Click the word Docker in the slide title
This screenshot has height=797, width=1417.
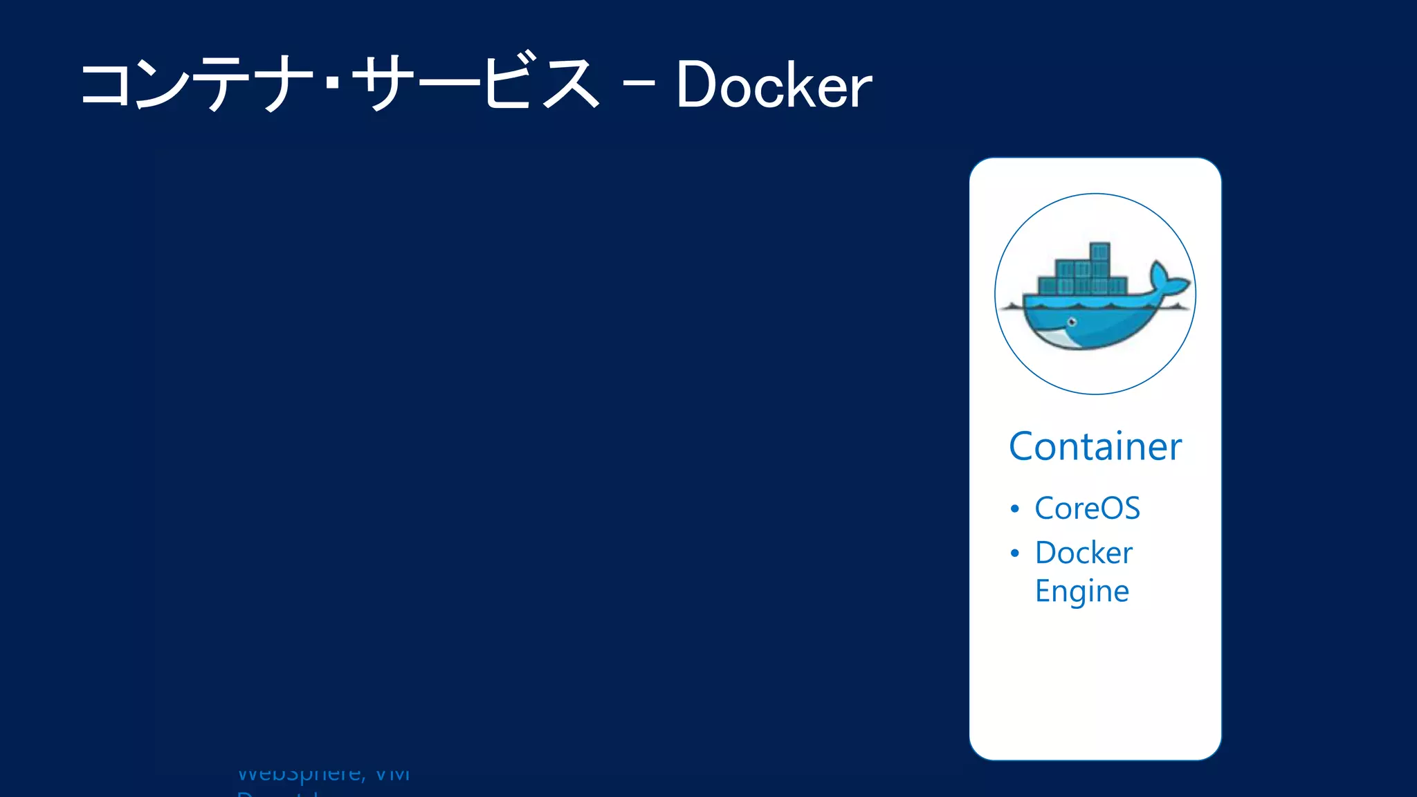pyautogui.click(x=774, y=86)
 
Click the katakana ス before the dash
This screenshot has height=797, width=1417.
pyautogui.click(x=571, y=84)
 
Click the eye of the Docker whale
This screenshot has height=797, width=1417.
pyautogui.click(x=1072, y=322)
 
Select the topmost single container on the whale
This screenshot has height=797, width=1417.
pyautogui.click(x=1099, y=251)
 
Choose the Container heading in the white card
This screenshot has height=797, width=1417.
pyautogui.click(x=1095, y=446)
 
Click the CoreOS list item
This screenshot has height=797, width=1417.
pyautogui.click(x=1087, y=509)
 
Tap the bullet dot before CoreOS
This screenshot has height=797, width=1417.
pyautogui.click(x=1014, y=509)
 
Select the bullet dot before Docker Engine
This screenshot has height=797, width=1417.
pyautogui.click(x=1014, y=553)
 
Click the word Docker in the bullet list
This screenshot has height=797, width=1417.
pyautogui.click(x=1084, y=553)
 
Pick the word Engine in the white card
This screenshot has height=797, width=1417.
pyautogui.click(x=1081, y=592)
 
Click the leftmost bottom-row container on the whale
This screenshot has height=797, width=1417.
pyautogui.click(x=1048, y=286)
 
